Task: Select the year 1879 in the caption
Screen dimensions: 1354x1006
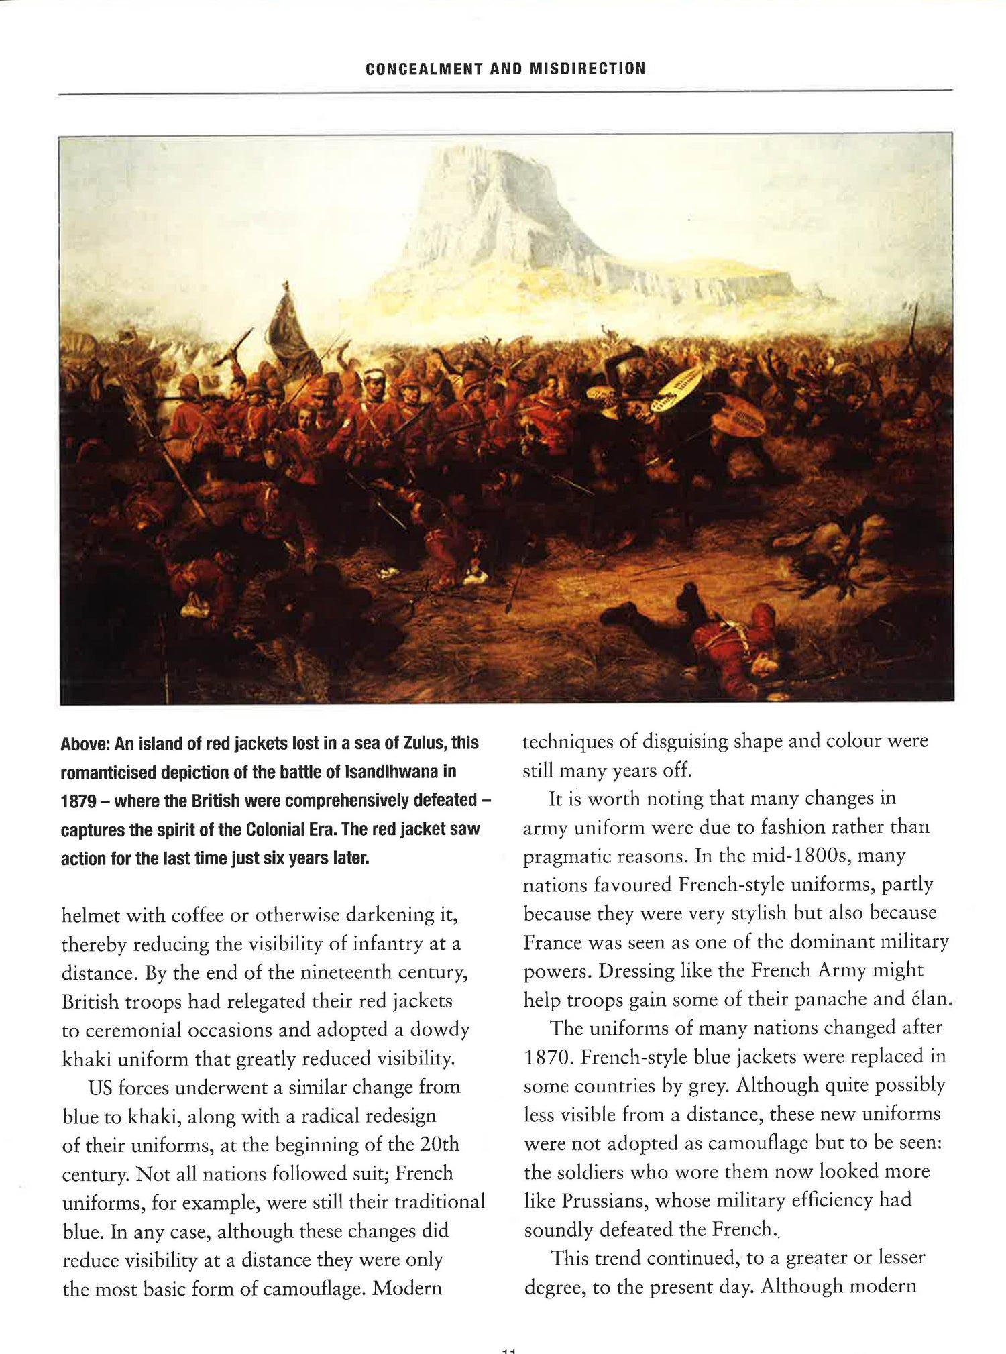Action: [x=78, y=801]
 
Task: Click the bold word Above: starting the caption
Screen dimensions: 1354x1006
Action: [x=85, y=743]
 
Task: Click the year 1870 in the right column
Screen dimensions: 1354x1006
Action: [x=548, y=1057]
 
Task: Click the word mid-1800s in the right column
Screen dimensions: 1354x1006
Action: [x=810, y=856]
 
